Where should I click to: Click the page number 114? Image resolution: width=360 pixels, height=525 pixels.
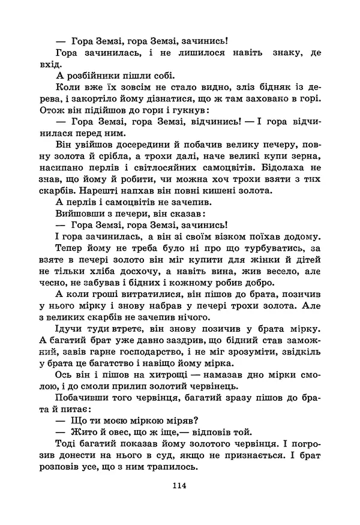coord(179,485)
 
